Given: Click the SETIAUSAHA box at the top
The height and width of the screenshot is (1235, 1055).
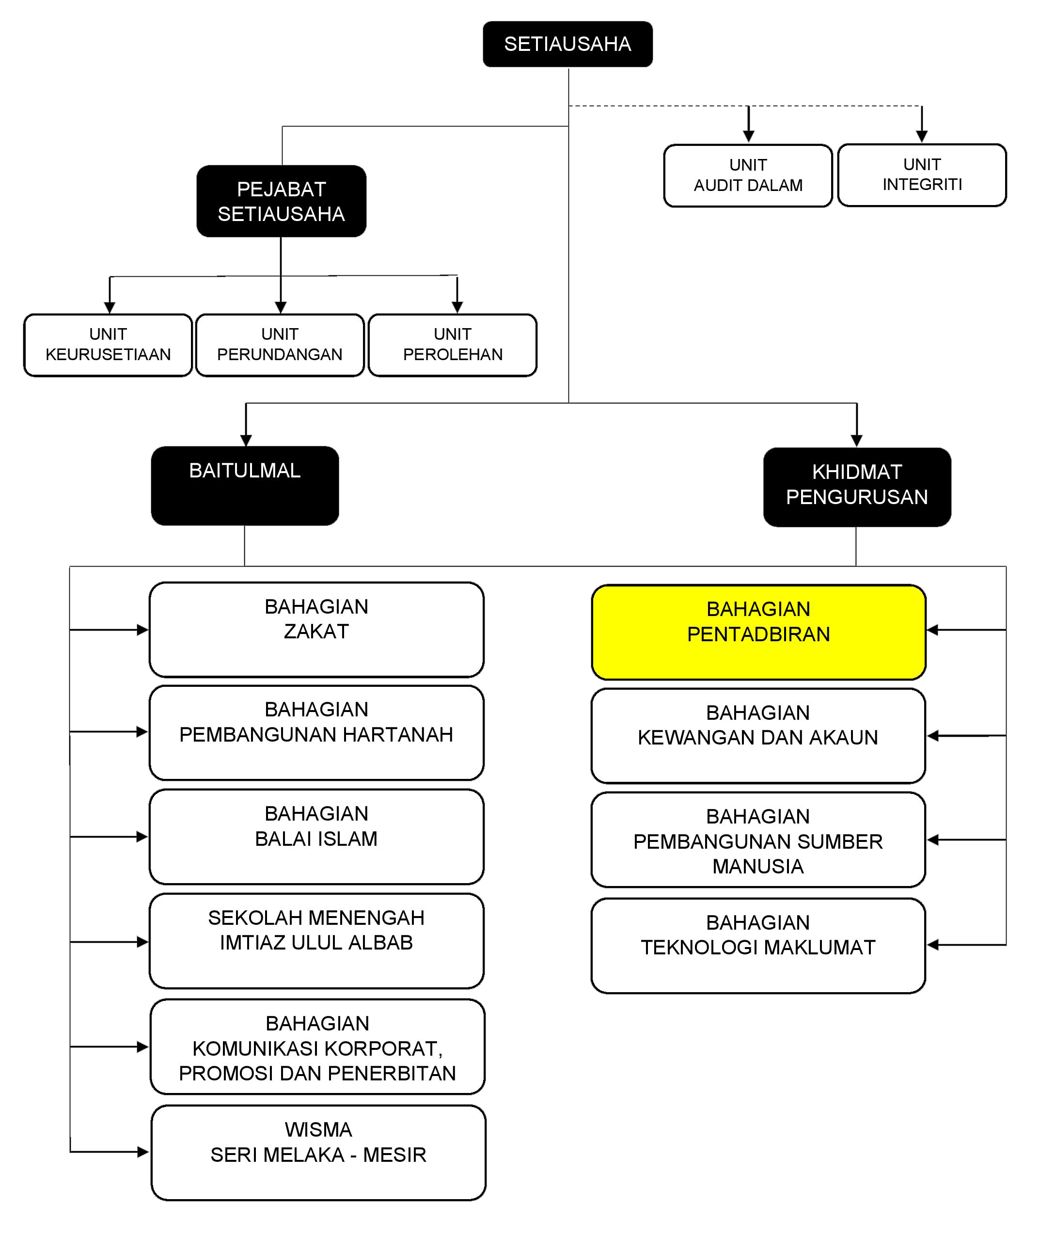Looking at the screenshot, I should coord(567,44).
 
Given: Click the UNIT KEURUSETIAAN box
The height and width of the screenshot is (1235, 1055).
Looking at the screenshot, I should coord(108,345).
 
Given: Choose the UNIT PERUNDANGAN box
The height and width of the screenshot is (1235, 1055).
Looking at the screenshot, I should coord(280,345).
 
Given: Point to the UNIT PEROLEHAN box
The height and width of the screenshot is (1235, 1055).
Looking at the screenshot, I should coord(453,345).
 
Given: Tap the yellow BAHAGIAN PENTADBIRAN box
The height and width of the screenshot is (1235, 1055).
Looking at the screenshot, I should coord(758,632).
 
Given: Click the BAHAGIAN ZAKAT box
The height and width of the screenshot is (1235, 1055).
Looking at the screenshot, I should coord(316,630).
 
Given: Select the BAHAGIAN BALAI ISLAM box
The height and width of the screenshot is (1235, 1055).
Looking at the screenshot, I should coord(316,836).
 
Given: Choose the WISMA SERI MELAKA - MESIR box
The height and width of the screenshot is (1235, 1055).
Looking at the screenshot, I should coord(318,1152).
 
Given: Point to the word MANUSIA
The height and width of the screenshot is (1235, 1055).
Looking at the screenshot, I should coord(757,866).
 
